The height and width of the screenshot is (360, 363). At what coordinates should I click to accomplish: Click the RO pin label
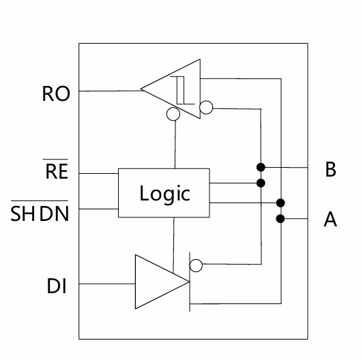click(56, 93)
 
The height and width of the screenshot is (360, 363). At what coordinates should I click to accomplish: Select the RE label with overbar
click(57, 169)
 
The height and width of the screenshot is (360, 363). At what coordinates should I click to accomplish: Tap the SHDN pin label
click(40, 211)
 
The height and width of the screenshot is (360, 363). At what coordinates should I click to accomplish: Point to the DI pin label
click(57, 286)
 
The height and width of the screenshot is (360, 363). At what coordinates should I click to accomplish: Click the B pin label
click(330, 169)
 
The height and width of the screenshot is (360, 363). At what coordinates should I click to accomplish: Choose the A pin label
click(330, 219)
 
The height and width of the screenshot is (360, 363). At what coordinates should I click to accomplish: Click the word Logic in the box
click(165, 194)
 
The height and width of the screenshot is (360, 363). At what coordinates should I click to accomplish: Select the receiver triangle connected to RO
click(171, 89)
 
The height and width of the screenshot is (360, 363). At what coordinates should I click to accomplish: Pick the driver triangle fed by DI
click(162, 282)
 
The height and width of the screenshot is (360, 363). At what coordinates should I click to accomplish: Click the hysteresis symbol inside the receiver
click(182, 90)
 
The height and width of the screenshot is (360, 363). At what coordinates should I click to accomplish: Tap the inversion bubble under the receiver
click(173, 114)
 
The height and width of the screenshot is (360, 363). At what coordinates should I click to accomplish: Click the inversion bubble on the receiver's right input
click(206, 107)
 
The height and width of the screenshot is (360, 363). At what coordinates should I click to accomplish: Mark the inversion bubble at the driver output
click(196, 265)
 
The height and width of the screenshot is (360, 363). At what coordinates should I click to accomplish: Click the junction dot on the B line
click(261, 167)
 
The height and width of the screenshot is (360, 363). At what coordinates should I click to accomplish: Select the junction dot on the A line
click(280, 219)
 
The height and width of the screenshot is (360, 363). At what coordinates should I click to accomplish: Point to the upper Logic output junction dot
click(261, 183)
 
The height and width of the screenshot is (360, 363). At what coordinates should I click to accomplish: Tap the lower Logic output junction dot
click(280, 203)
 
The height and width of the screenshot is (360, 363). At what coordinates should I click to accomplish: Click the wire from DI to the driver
click(107, 284)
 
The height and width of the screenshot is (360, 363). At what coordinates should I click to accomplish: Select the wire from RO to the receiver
click(111, 91)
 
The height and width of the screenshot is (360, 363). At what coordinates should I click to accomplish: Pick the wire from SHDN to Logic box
click(99, 209)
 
